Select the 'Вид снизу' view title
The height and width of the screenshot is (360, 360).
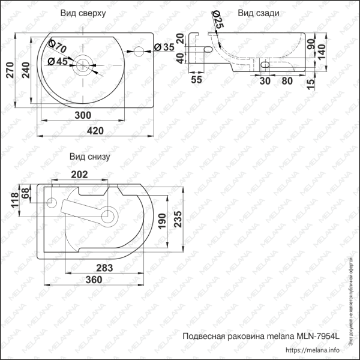89,157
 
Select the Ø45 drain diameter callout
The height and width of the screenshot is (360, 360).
56,61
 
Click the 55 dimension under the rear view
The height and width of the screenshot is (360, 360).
196,79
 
